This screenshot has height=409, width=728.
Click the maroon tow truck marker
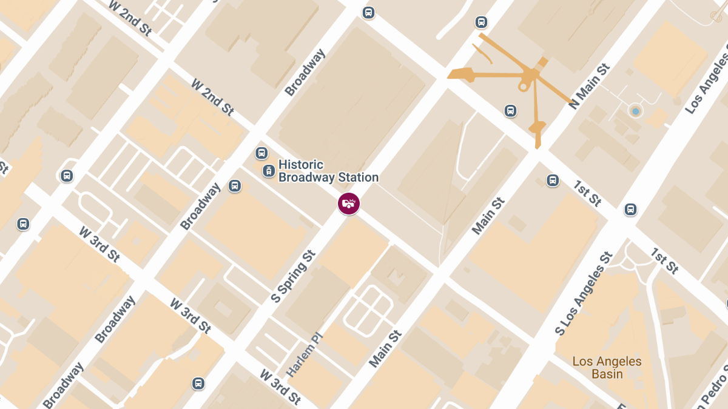coord(349,204)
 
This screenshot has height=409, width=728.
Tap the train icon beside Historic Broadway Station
coord(268,171)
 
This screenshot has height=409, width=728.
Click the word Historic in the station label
coord(301,165)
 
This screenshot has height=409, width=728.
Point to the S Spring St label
coord(294,276)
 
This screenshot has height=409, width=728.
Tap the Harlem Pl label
coord(305,355)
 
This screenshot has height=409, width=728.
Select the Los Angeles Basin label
coord(607,368)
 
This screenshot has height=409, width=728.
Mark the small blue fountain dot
coord(635,111)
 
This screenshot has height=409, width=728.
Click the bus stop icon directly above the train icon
coord(261,153)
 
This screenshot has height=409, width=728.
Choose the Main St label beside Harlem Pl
coord(385,349)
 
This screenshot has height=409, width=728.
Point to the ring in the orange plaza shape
coord(523,87)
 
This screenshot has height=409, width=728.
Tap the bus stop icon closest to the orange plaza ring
coord(510,111)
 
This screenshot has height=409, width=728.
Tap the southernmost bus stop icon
coord(198,384)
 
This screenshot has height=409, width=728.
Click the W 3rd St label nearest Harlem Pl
coord(280,387)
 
